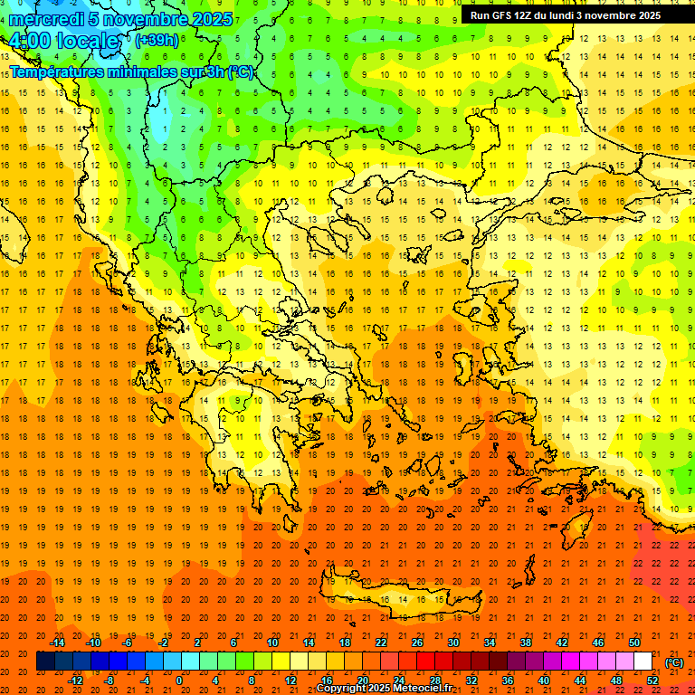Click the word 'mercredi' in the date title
point(45,19)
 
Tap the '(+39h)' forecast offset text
point(157,40)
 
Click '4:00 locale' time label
point(63,42)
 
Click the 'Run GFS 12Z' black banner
point(566,15)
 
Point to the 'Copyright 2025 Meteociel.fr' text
point(384,689)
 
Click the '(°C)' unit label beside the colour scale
point(674,662)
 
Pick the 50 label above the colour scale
point(634,643)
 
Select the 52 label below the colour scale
point(652,681)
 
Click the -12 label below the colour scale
point(76,681)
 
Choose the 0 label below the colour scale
point(178,681)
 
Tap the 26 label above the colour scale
point(417,643)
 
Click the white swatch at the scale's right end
point(643,662)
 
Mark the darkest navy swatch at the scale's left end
point(45,662)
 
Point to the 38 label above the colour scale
point(526,643)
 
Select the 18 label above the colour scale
point(345,643)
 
